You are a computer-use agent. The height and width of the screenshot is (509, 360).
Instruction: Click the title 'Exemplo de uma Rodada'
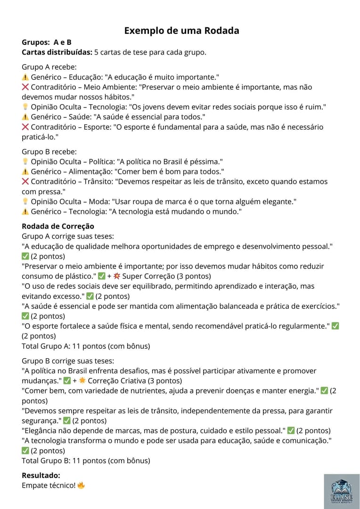[x=181, y=31]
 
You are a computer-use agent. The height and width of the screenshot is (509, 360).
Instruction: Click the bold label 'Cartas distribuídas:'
[x=57, y=52]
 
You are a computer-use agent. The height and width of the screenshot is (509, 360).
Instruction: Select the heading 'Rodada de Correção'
[x=58, y=226]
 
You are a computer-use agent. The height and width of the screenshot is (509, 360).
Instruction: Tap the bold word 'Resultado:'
[x=41, y=476]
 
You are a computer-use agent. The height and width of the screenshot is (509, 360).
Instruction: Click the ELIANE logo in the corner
[x=341, y=491]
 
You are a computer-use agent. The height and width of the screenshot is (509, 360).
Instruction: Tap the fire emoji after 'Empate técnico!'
[x=81, y=485]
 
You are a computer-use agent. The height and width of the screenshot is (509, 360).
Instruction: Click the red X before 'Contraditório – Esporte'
[x=25, y=127]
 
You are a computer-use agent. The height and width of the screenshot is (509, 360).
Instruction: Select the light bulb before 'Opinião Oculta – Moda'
[x=25, y=201]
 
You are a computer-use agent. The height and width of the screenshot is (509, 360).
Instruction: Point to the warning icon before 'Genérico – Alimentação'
[x=25, y=172]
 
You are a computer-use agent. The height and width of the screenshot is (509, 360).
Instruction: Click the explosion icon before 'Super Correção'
[x=117, y=276]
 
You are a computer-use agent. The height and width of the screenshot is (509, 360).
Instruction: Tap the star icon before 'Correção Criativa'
[x=82, y=381]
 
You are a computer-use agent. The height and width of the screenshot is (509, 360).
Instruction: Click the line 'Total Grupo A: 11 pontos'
[x=86, y=346]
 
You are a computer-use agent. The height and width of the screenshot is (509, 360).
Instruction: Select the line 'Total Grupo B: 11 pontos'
[x=86, y=460]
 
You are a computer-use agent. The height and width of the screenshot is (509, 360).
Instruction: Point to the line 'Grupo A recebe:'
[x=49, y=67]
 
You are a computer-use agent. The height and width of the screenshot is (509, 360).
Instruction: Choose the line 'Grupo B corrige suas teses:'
[x=68, y=361]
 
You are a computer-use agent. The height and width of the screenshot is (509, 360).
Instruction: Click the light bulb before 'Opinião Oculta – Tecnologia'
[x=25, y=107]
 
